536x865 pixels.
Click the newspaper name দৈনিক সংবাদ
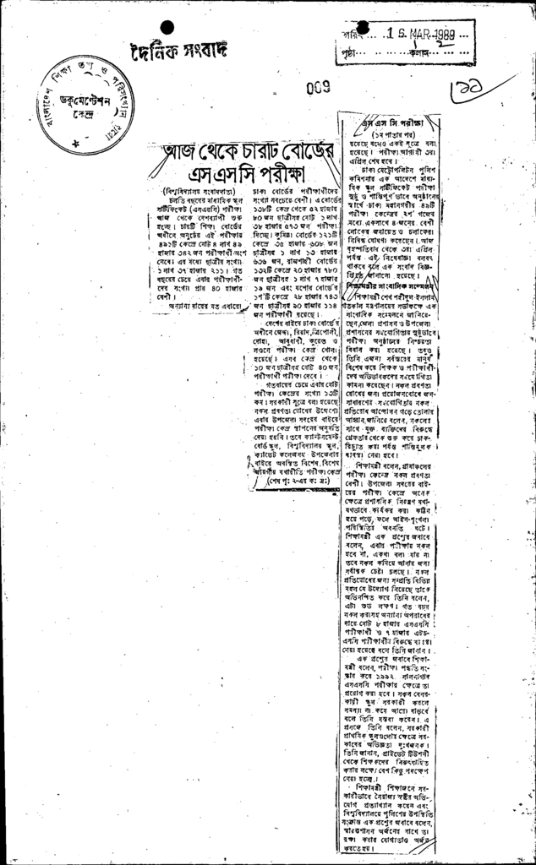pos(179,50)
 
